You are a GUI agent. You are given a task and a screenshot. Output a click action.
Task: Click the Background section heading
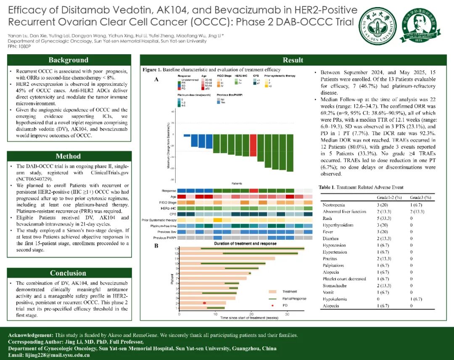(68, 60)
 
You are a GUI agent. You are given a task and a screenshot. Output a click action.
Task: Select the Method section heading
(68, 156)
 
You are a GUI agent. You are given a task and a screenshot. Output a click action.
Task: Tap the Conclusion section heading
(68, 273)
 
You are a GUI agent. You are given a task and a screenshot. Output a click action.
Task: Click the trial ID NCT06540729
(34, 179)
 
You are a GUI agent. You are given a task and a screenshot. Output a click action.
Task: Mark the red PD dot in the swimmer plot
(205, 303)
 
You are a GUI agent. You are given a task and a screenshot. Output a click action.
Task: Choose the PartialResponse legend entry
(294, 298)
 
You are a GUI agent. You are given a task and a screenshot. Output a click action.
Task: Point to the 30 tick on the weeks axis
(287, 314)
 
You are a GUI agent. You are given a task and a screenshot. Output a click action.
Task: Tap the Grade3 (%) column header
(421, 197)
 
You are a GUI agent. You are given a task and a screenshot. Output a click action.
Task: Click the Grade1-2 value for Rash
(384, 218)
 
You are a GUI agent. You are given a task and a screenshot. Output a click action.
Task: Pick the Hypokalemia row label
(335, 299)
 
